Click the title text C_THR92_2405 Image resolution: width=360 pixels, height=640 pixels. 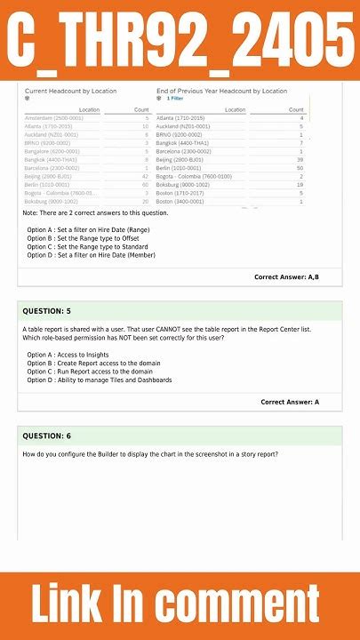(x=180, y=40)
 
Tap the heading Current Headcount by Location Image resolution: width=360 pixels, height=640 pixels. (x=70, y=91)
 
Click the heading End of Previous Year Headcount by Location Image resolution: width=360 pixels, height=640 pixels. (x=221, y=91)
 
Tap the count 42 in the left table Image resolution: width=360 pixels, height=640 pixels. (x=145, y=176)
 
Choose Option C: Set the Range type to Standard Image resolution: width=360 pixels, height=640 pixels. (x=84, y=246)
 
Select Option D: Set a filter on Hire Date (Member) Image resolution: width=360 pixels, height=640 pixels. (x=91, y=255)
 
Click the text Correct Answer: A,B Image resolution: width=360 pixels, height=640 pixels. (x=286, y=277)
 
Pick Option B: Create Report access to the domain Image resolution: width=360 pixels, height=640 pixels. (x=93, y=363)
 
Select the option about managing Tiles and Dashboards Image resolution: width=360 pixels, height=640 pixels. (x=99, y=380)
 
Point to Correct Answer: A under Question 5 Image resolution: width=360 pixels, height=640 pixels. (x=290, y=402)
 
